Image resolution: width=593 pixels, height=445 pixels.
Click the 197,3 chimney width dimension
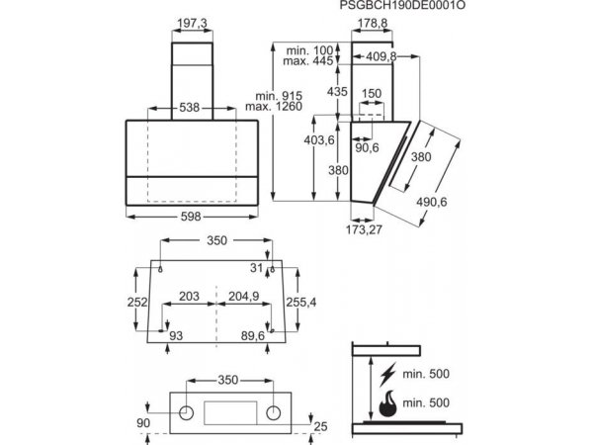pyautogui.click(x=192, y=24)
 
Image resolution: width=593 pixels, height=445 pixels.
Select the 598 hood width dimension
pyautogui.click(x=191, y=217)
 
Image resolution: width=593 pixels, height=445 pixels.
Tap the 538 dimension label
pyautogui.click(x=189, y=108)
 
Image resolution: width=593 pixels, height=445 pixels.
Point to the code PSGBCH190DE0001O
pyautogui.click(x=402, y=5)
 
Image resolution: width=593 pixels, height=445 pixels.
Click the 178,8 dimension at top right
pyautogui.click(x=373, y=24)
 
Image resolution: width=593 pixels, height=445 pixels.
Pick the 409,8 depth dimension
pyautogui.click(x=381, y=56)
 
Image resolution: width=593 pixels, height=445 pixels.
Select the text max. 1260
pyautogui.click(x=274, y=107)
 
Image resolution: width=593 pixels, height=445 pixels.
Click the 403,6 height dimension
pyautogui.click(x=319, y=140)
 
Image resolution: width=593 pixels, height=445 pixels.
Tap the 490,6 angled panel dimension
pyautogui.click(x=432, y=202)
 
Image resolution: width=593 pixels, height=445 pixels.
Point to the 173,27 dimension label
pyautogui.click(x=364, y=229)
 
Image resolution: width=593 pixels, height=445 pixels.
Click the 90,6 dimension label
pyautogui.click(x=367, y=148)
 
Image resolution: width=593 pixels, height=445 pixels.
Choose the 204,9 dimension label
pyautogui.click(x=243, y=296)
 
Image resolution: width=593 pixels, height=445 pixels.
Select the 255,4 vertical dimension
pyautogui.click(x=301, y=302)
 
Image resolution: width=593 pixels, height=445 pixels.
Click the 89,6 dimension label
pyautogui.click(x=253, y=335)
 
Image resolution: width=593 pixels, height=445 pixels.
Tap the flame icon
pyautogui.click(x=387, y=403)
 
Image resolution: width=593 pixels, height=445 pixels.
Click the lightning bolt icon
pyautogui.click(x=388, y=374)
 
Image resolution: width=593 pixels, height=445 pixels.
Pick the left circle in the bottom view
pyautogui.click(x=186, y=413)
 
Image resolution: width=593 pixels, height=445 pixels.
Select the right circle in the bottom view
pyautogui.click(x=273, y=413)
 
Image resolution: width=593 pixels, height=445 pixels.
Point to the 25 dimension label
pyautogui.click(x=320, y=426)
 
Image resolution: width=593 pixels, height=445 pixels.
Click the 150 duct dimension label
pyautogui.click(x=372, y=94)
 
